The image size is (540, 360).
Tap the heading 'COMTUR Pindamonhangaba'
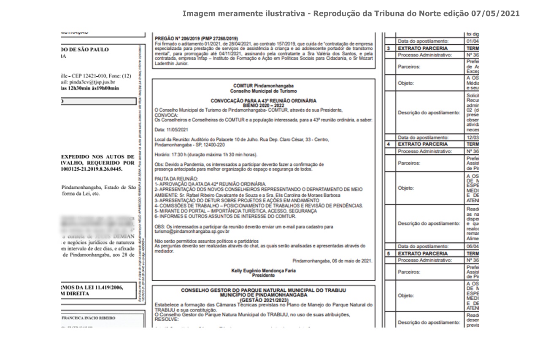[x=263, y=86]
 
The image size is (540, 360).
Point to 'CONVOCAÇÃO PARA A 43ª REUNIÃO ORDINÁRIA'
[x=263, y=101]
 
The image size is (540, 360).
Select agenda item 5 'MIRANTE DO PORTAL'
[x=186, y=211]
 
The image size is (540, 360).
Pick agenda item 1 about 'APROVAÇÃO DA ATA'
[x=211, y=184]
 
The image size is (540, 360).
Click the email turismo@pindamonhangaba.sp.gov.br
[x=192, y=231]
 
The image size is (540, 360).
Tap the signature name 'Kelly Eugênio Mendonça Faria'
[x=263, y=271]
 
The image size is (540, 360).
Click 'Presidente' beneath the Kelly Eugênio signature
[x=263, y=275]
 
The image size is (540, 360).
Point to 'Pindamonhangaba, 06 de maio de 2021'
[x=332, y=261]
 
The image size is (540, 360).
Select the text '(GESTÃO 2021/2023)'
[x=263, y=300]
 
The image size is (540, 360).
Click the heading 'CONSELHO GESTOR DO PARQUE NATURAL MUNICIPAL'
[x=263, y=290]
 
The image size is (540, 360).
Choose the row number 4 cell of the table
[x=389, y=144]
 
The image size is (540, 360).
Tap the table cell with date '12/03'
[x=472, y=137]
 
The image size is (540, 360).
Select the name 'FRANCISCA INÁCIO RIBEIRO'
[x=89, y=318]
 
